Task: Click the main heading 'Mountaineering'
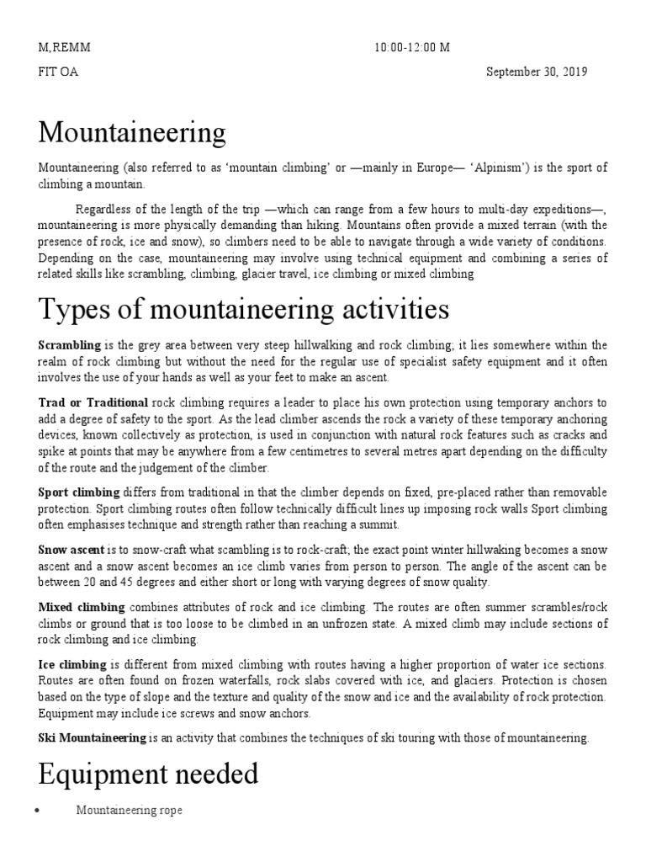132,133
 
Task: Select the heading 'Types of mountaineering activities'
244,310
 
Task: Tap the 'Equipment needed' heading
148,773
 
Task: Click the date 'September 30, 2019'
537,72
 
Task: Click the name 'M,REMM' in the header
64,48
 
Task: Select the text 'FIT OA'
58,72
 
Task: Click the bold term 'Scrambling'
70,346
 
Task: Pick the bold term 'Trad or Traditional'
93,403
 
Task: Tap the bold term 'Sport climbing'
80,492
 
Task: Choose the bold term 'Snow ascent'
71,549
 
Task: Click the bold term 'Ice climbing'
73,665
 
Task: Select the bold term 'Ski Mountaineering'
93,737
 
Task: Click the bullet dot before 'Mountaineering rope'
41,811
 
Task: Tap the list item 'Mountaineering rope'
129,810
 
